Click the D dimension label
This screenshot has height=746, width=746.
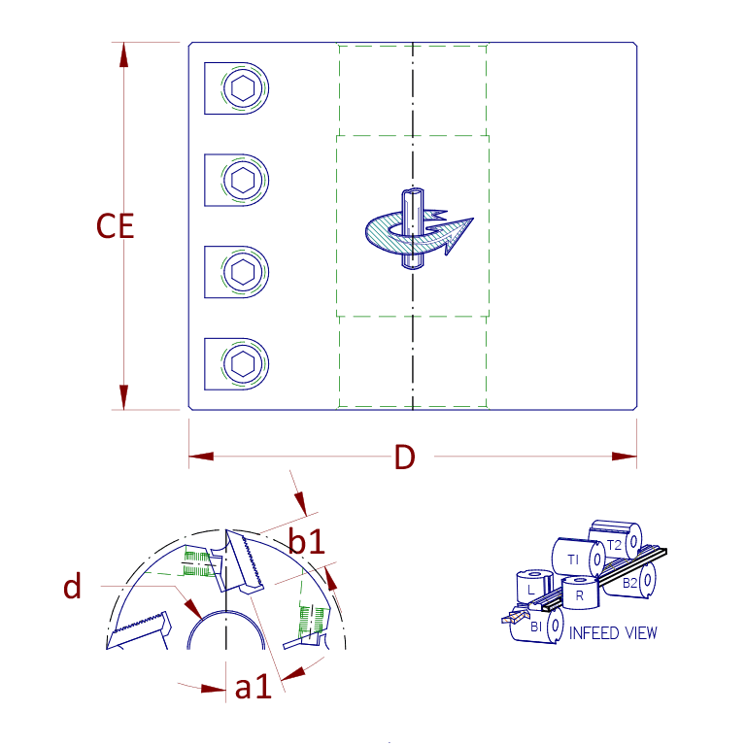[x=404, y=458]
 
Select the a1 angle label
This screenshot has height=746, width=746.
[x=253, y=688]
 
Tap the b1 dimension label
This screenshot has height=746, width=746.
[x=307, y=542]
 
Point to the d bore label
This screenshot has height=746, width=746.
[x=72, y=588]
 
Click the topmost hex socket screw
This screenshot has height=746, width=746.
[x=242, y=89]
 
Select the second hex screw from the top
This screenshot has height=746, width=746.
[x=242, y=181]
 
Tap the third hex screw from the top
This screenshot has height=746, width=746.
[x=242, y=272]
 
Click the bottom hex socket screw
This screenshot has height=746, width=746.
[x=242, y=364]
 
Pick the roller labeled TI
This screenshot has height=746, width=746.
[x=573, y=559]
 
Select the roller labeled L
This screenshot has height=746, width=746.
[x=531, y=590]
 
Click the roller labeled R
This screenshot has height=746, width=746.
[x=580, y=593]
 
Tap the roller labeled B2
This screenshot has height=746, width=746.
[x=631, y=582]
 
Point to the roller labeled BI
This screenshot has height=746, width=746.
[x=536, y=627]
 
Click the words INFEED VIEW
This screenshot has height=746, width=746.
[x=613, y=633]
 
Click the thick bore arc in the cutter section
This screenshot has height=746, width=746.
[x=226, y=620]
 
